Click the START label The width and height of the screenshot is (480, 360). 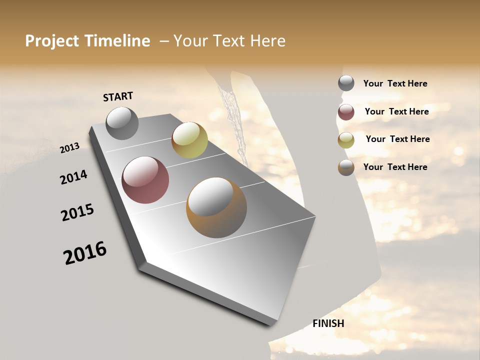point(118,96)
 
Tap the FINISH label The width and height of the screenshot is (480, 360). point(328,323)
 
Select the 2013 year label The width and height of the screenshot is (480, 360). point(70,148)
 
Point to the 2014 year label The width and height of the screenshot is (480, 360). point(74,177)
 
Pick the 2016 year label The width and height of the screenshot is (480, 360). point(85,253)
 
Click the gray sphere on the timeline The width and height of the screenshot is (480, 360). point(122,123)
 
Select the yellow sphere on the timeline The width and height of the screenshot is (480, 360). point(189,140)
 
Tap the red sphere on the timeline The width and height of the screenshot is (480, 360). point(145,180)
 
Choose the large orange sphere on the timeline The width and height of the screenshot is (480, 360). point(216,207)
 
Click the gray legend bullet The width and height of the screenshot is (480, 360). point(346,83)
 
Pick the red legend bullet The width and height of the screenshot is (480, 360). point(346,112)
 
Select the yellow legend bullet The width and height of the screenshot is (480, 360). point(346,140)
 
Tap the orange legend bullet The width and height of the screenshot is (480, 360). point(346,167)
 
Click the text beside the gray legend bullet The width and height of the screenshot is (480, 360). point(395,83)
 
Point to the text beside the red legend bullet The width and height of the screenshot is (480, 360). point(396,111)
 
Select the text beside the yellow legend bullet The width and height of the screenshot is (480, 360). point(397,139)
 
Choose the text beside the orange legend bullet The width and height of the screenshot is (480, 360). point(395,167)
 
